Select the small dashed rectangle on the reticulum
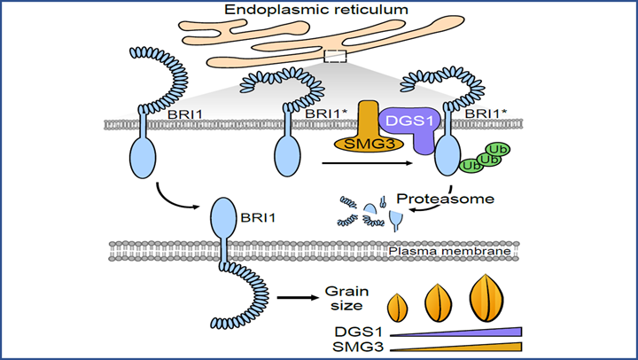[x=335, y=57]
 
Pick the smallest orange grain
[x=399, y=308]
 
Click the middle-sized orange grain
[x=440, y=304]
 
